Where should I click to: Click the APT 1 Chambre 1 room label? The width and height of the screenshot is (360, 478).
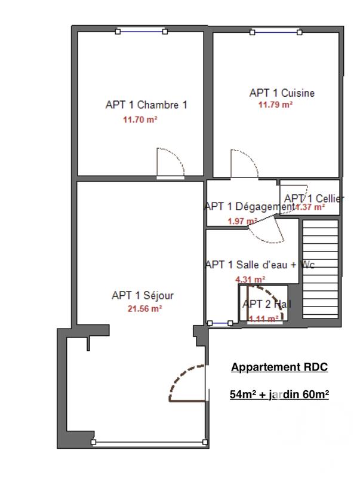[146, 105]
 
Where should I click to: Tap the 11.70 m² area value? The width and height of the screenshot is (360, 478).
[140, 119]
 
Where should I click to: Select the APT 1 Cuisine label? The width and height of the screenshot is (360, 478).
[282, 93]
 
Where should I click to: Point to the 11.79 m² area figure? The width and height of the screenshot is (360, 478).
[275, 105]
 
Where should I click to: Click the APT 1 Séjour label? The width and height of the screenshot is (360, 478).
[143, 295]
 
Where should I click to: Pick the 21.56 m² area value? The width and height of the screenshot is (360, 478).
[144, 309]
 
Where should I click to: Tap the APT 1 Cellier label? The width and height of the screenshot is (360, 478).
[314, 198]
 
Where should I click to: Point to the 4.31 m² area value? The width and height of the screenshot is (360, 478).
[250, 279]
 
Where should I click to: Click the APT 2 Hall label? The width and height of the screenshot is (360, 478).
[267, 304]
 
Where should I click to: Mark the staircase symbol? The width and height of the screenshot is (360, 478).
[321, 272]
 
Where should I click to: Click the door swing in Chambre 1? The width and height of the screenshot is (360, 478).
[170, 163]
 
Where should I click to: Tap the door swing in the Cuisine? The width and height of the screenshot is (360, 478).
[244, 164]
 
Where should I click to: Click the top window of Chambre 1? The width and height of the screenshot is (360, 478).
[141, 31]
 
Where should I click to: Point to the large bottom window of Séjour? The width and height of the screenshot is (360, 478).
[149, 442]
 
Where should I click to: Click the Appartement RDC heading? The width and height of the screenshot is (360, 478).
[279, 367]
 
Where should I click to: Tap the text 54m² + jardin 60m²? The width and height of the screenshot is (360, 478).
[279, 394]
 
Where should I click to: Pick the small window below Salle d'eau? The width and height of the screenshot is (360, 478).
[221, 323]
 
